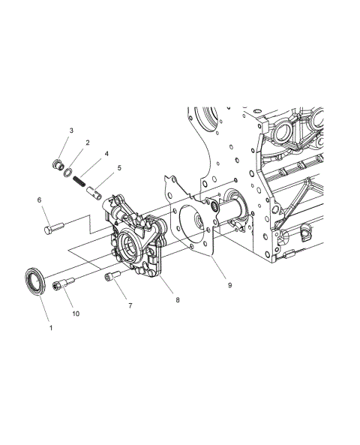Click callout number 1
[51, 328]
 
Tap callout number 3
[71, 131]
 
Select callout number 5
[119, 168]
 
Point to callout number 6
[39, 200]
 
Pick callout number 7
[130, 305]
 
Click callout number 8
[178, 299]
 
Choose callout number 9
[229, 285]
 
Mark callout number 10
[76, 314]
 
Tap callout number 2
[88, 143]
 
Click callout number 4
[106, 154]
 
